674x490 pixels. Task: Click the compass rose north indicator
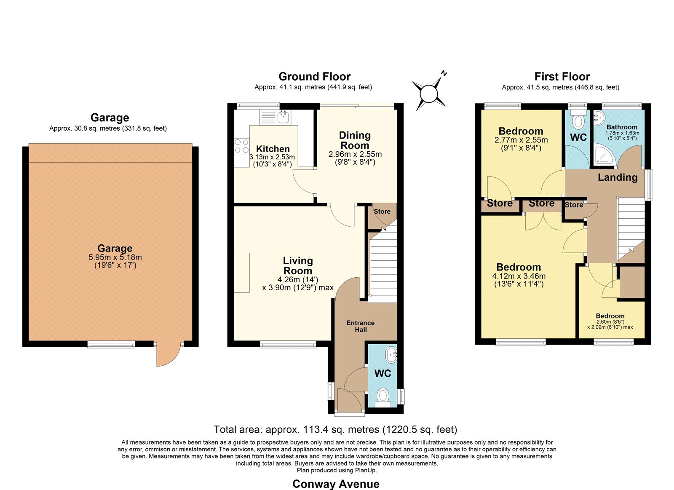pyautogui.click(x=444, y=73)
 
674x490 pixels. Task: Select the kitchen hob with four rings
pyautogui.click(x=242, y=146)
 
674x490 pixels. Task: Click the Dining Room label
pyautogui.click(x=355, y=140)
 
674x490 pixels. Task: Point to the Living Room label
pyautogui.click(x=298, y=265)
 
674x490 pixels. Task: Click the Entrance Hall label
pyautogui.click(x=361, y=326)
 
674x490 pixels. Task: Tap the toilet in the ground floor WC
pyautogui.click(x=383, y=397)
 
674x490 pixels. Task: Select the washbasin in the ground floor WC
pyautogui.click(x=391, y=355)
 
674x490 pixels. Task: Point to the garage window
pyautogui.click(x=111, y=344)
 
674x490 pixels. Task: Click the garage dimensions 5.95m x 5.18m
pyautogui.click(x=115, y=257)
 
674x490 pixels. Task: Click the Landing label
pyautogui.click(x=618, y=177)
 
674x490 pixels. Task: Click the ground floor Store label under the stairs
pyautogui.click(x=382, y=212)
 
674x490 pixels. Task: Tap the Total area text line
pyautogui.click(x=335, y=429)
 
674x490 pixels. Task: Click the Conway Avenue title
pyautogui.click(x=336, y=484)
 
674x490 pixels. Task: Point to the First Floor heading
pyautogui.click(x=562, y=76)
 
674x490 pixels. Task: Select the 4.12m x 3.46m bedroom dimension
pyautogui.click(x=519, y=276)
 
